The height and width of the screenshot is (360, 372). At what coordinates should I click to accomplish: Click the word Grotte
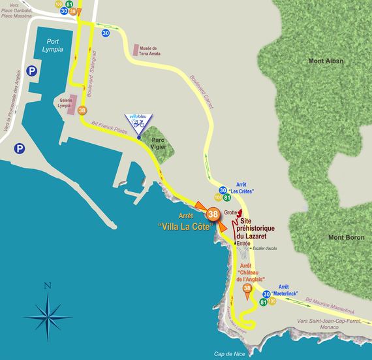[230, 212]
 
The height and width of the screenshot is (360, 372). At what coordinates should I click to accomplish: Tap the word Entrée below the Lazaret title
[243, 243]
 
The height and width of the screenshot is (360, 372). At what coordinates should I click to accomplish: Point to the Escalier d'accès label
[264, 248]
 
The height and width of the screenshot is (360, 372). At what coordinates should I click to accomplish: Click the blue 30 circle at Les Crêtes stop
[223, 189]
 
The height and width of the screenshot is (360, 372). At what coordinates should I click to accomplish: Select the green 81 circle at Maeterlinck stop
[264, 303]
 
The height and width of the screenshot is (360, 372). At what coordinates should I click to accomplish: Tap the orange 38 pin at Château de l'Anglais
[247, 289]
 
